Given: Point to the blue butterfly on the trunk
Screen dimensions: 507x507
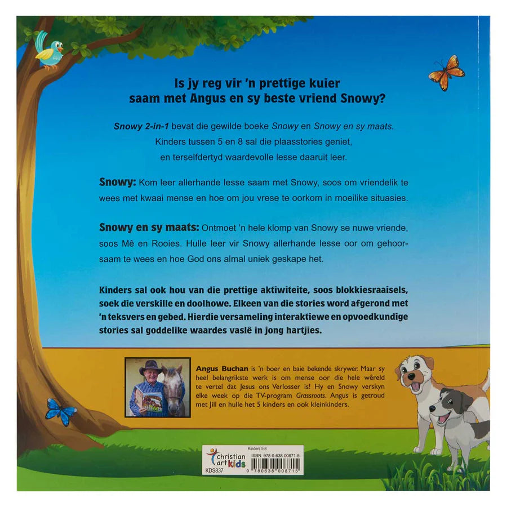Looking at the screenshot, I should tap(61, 411).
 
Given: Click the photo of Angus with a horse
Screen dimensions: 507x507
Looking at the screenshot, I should tap(157, 388).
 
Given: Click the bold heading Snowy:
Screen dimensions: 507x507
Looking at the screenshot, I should tap(118, 184).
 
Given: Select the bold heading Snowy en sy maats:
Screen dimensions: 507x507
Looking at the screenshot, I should tap(149, 228).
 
